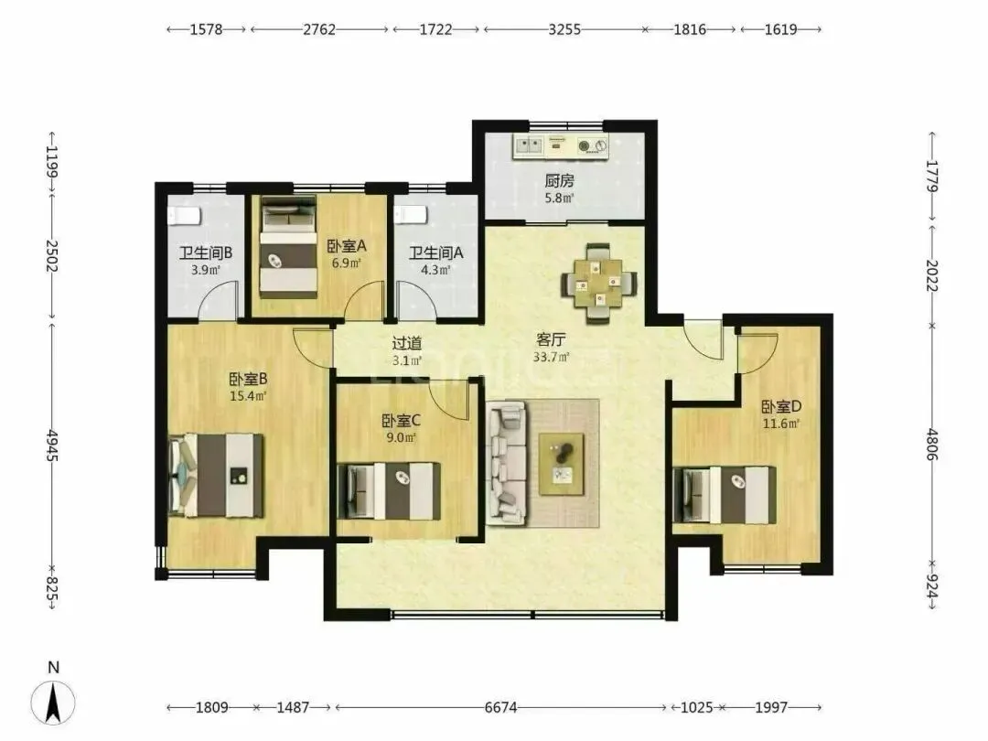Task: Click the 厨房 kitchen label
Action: pyautogui.click(x=559, y=181)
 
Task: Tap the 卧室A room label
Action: pyautogui.click(x=347, y=246)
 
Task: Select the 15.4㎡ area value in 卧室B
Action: pyautogui.click(x=248, y=396)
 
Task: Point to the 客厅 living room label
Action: pyautogui.click(x=551, y=340)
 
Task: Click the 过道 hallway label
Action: pyautogui.click(x=407, y=343)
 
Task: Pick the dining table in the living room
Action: pyautogui.click(x=598, y=284)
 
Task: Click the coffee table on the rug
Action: pyautogui.click(x=561, y=464)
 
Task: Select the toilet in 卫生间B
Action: pyautogui.click(x=184, y=216)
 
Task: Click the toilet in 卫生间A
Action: pyautogui.click(x=411, y=216)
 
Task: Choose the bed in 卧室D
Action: pyautogui.click(x=725, y=495)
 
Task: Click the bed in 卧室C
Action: pyautogui.click(x=389, y=491)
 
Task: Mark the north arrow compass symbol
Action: pyautogui.click(x=54, y=702)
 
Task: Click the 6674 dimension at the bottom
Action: pyautogui.click(x=501, y=707)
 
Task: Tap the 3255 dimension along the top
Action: pyautogui.click(x=564, y=29)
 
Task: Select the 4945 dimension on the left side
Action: pyautogui.click(x=52, y=446)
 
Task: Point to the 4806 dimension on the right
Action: pyautogui.click(x=932, y=445)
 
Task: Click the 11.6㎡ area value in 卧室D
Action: pyautogui.click(x=781, y=424)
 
